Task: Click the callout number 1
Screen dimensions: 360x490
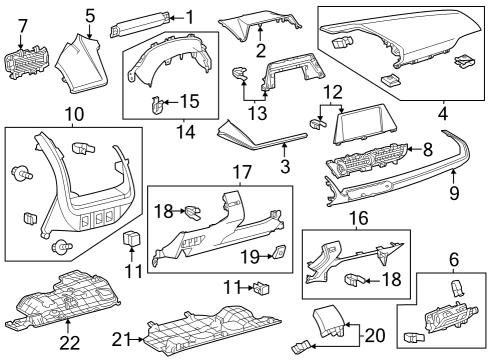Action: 190,16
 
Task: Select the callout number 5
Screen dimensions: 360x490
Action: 89,15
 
